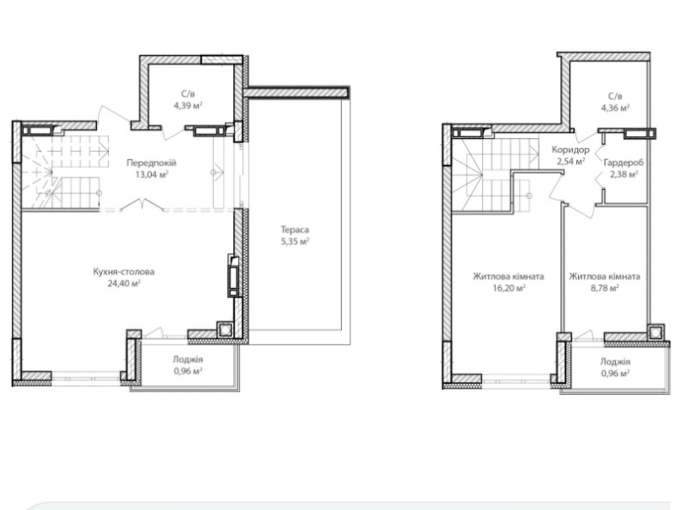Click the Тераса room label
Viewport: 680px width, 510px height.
(x=295, y=229)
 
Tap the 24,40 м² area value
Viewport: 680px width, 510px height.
(x=124, y=283)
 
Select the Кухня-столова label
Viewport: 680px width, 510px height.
(x=124, y=272)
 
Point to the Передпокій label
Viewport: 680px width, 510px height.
(x=151, y=163)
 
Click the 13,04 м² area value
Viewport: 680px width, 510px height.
(x=151, y=175)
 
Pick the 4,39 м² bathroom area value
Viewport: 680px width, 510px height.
(x=188, y=105)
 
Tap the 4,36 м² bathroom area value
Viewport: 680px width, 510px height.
(x=615, y=108)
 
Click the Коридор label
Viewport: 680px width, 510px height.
(x=570, y=150)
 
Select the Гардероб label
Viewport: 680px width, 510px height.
(x=623, y=163)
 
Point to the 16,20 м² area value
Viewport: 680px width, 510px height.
(x=508, y=288)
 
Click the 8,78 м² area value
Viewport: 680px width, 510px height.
(x=604, y=288)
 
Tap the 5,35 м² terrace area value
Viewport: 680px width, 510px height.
(x=295, y=241)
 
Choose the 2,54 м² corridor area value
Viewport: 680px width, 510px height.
(x=570, y=161)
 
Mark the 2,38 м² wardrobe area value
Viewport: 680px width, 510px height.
(x=623, y=174)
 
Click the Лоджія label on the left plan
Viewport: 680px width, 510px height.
(x=188, y=359)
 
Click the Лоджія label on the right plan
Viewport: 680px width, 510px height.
(x=615, y=362)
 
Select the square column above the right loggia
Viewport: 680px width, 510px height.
(x=655, y=333)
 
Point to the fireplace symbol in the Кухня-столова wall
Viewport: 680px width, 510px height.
(x=233, y=275)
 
